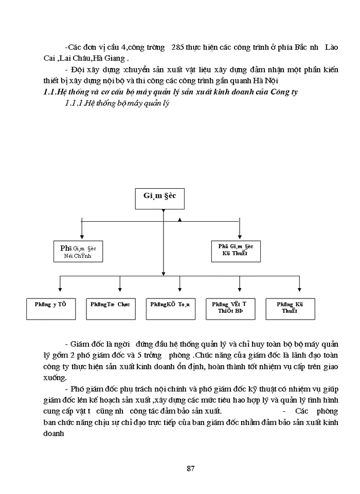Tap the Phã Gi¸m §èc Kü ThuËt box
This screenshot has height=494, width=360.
[x=240, y=250]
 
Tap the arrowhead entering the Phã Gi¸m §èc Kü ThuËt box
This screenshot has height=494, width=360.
[x=240, y=236]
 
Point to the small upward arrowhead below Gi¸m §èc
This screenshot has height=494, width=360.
[x=180, y=220]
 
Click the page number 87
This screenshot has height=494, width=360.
[x=190, y=468]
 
